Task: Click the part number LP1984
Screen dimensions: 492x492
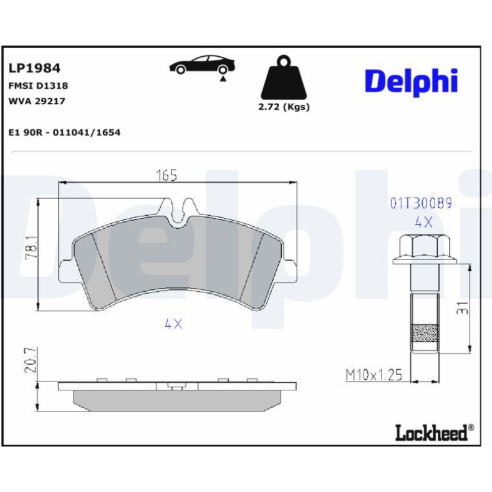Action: pos(35,68)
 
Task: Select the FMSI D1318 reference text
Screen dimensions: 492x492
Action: pos(38,86)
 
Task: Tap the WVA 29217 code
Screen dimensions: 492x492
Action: pos(36,101)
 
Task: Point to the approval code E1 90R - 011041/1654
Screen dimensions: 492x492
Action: pos(65,132)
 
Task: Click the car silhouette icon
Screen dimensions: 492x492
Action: pos(202,65)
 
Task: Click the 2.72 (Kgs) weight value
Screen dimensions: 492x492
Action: pos(284,107)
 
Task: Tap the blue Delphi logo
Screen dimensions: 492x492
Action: pos(411,82)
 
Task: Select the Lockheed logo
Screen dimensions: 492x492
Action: pos(434,433)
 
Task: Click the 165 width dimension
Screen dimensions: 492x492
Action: pos(167,176)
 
